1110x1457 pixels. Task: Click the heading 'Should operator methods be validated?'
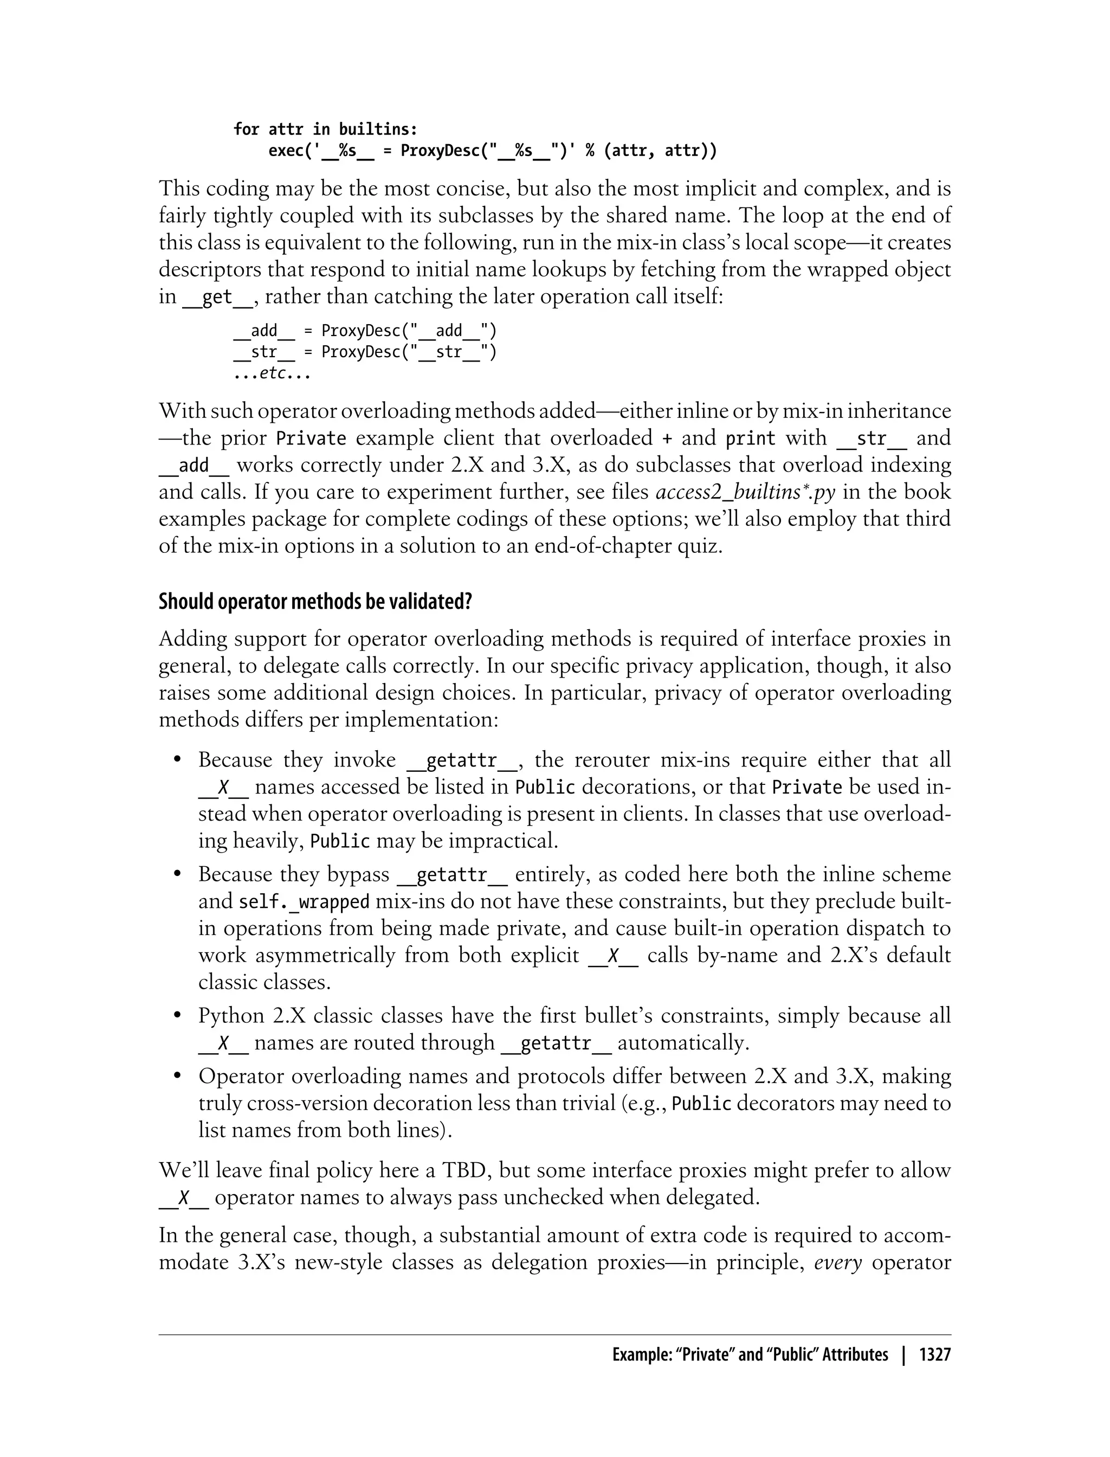point(315,602)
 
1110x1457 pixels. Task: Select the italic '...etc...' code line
point(272,374)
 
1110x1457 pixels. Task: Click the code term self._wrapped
point(304,902)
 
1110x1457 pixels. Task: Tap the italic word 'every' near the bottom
point(838,1263)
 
